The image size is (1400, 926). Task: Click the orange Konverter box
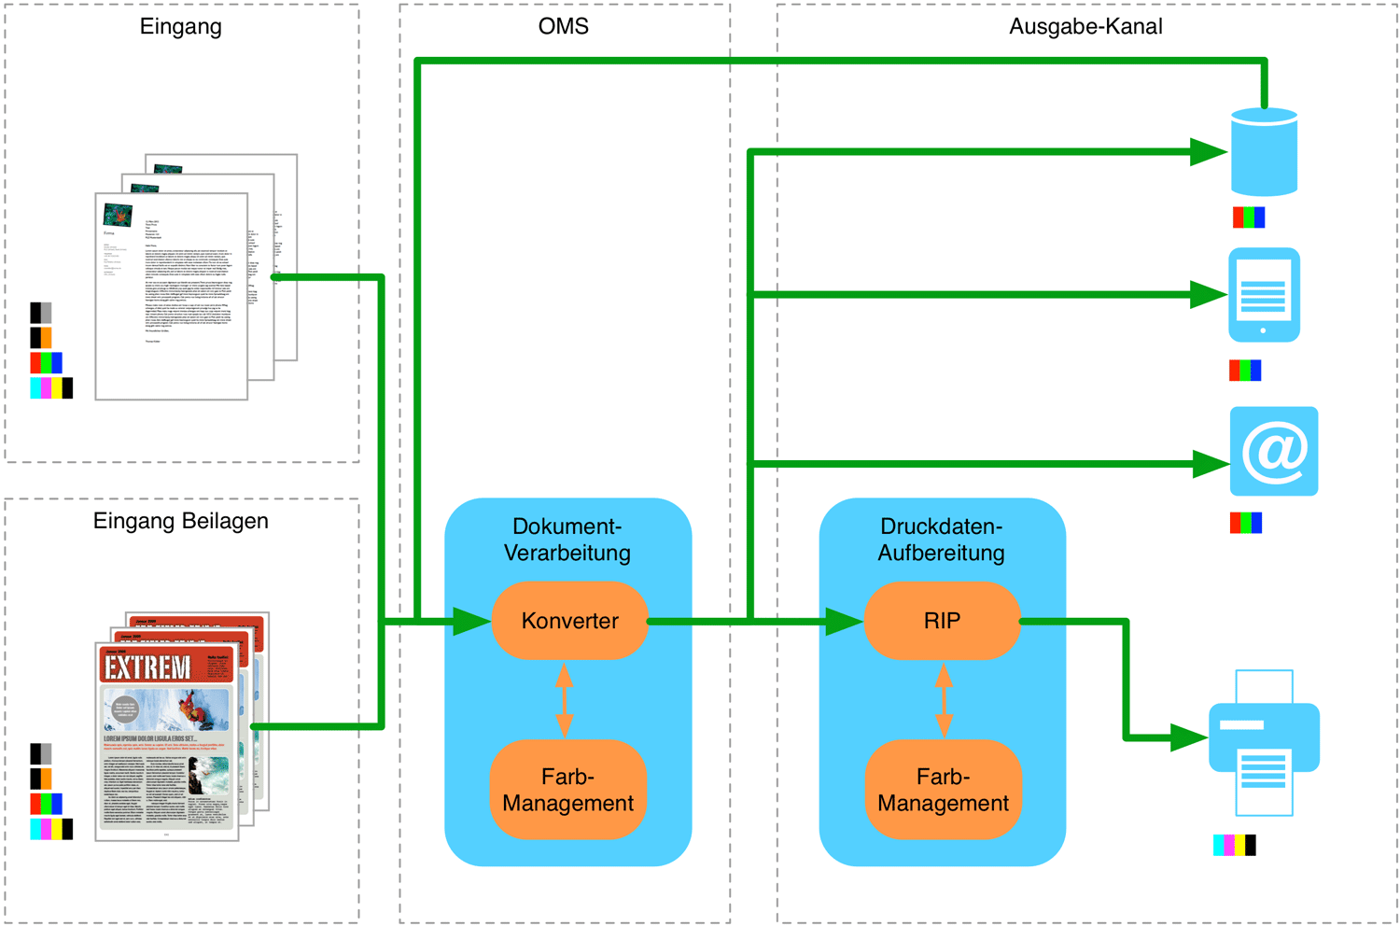click(x=569, y=621)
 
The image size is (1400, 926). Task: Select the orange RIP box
click(x=942, y=621)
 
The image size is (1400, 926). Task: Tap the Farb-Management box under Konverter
click(x=567, y=790)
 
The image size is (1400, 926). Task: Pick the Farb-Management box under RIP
click(x=943, y=790)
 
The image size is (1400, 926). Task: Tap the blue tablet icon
click(x=1264, y=295)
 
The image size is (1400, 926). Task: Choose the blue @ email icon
click(x=1274, y=451)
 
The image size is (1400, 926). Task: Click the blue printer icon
click(x=1264, y=742)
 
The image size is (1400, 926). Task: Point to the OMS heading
click(x=564, y=26)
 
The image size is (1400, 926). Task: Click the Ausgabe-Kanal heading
click(x=1085, y=26)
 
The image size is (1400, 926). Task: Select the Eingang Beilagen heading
click(x=180, y=521)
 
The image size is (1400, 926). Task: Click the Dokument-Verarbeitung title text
click(x=567, y=540)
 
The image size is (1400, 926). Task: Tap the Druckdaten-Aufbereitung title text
click(x=941, y=540)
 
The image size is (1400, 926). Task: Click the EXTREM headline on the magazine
click(x=147, y=666)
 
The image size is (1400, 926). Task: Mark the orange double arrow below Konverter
click(x=564, y=700)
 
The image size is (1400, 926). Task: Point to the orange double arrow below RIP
click(x=944, y=700)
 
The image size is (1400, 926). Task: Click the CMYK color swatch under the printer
click(x=1234, y=846)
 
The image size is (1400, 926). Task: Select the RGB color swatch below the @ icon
click(x=1246, y=523)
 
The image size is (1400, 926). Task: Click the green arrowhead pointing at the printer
click(x=1189, y=737)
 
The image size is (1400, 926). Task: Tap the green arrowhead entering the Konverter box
click(x=471, y=621)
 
